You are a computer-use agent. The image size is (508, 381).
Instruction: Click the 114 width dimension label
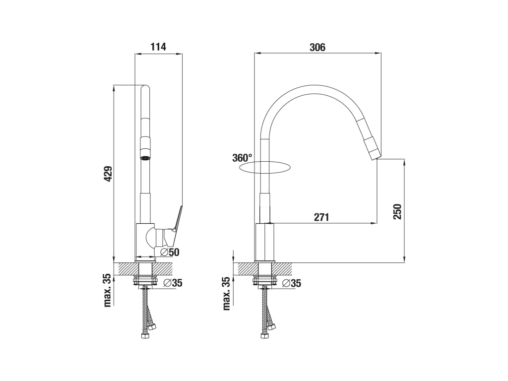[158, 47]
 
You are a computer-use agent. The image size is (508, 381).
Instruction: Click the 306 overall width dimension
[317, 47]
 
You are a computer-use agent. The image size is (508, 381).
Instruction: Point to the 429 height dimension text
[108, 174]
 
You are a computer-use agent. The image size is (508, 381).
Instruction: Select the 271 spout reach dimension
[321, 217]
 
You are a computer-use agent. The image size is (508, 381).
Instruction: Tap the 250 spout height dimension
[397, 211]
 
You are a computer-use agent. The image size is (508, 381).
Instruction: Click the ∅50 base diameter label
[170, 252]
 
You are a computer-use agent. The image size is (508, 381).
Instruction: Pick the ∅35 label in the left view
[173, 283]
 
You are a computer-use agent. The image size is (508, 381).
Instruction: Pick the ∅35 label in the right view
[292, 283]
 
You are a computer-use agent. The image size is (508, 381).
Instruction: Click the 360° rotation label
[242, 158]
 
